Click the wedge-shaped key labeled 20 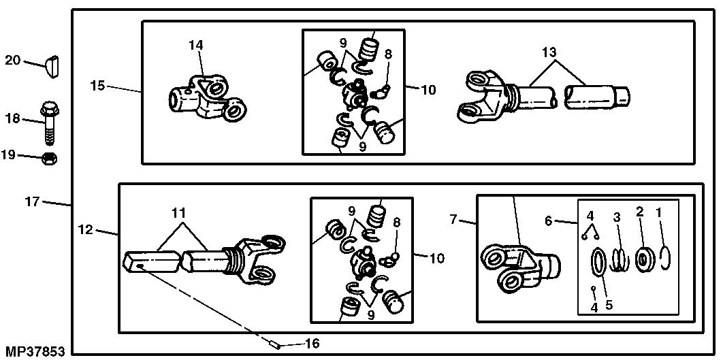52,66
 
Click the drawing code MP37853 33,351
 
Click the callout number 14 196,46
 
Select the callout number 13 549,52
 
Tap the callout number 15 97,86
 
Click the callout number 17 33,201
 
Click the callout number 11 178,213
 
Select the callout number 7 454,220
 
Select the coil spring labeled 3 617,258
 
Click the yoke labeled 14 204,97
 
